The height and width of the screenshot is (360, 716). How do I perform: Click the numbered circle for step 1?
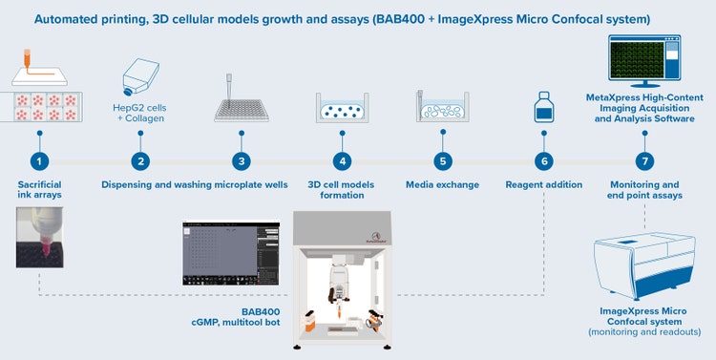click(39, 162)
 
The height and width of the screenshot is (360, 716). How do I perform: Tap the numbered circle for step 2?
click(140, 162)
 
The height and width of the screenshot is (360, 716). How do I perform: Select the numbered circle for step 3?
click(242, 162)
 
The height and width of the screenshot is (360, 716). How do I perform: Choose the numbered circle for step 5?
click(442, 162)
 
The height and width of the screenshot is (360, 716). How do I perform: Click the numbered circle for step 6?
click(544, 162)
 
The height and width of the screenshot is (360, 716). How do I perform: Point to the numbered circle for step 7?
click(644, 162)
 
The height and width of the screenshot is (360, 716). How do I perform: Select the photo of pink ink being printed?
click(39, 239)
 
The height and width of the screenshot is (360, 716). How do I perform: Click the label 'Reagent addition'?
click(544, 184)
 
